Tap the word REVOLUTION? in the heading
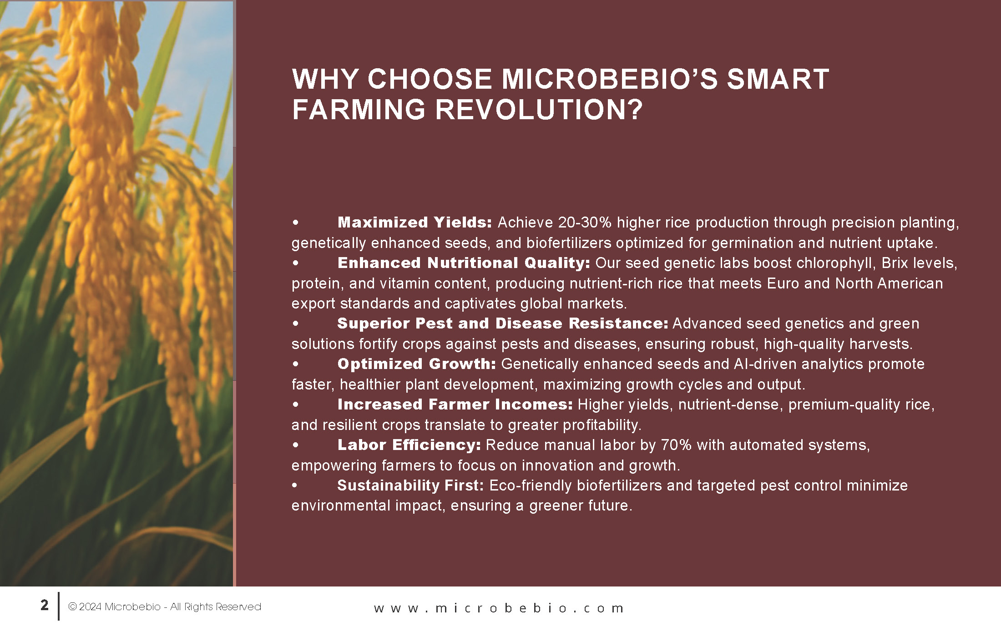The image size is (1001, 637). tap(539, 110)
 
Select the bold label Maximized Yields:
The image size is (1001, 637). tap(415, 222)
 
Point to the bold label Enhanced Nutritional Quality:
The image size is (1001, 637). tap(464, 263)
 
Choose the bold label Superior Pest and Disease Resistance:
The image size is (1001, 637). tap(503, 323)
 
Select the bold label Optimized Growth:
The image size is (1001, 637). tap(417, 364)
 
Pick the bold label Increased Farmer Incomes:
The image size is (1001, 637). tap(455, 404)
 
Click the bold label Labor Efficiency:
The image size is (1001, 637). tap(409, 445)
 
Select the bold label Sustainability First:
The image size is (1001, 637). tap(410, 485)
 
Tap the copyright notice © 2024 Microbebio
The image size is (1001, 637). tap(114, 607)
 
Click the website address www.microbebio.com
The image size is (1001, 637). tap(499, 608)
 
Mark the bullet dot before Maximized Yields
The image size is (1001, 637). tap(296, 222)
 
